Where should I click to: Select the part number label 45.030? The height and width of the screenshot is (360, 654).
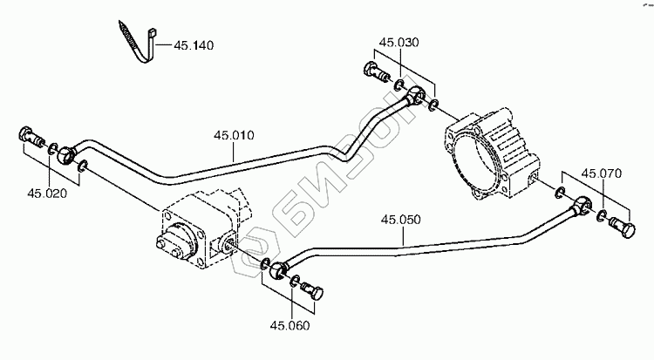click(399, 41)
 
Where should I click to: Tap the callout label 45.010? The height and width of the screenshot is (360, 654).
click(233, 135)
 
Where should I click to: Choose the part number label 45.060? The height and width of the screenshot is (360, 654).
click(290, 326)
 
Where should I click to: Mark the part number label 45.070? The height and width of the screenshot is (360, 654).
click(602, 173)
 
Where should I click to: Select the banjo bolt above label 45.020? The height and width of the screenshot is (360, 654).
click(31, 139)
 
